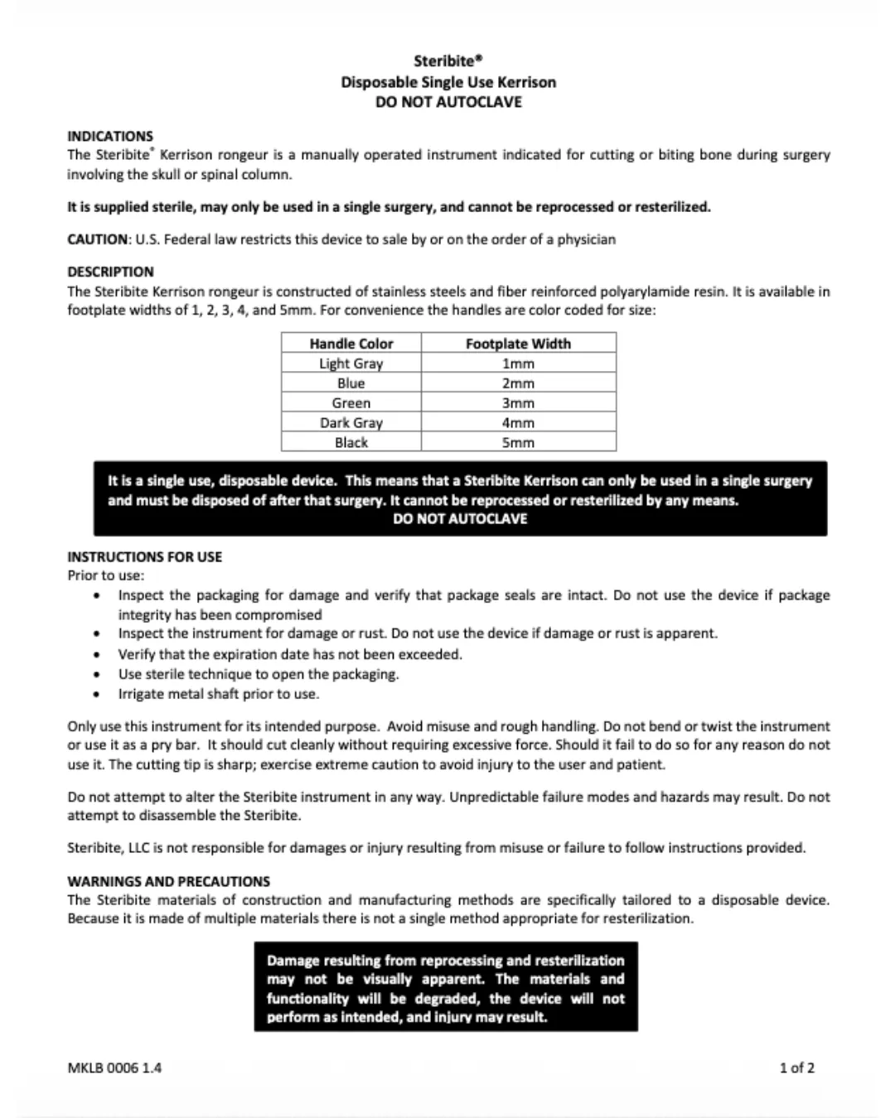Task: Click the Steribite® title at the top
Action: [447, 60]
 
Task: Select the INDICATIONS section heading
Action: [110, 136]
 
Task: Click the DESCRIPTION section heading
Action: [110, 272]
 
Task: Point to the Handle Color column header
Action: [351, 344]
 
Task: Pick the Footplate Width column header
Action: [518, 344]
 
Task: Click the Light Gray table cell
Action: [351, 364]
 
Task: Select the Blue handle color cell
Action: [351, 383]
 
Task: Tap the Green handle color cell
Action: [351, 403]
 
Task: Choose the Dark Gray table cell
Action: [351, 423]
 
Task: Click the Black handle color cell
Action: [351, 443]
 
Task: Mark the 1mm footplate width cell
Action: [518, 364]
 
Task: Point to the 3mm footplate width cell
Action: [518, 403]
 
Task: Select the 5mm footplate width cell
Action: [518, 443]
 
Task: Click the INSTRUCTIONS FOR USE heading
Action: [144, 557]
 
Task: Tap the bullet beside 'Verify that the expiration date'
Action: [99, 655]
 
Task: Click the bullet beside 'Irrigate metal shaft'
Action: [99, 695]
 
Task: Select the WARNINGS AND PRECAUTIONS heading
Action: [168, 881]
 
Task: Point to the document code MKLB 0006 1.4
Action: [114, 1067]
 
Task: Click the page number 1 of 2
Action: [796, 1067]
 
